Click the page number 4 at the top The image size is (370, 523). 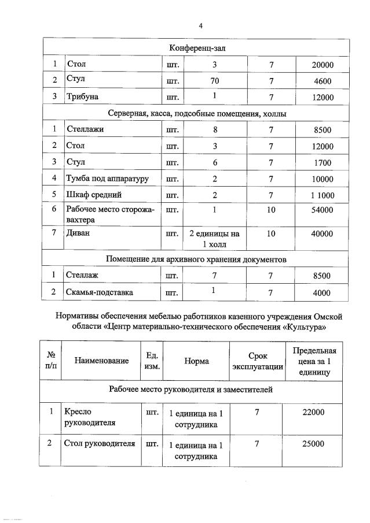(200, 25)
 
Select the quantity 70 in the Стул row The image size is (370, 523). (215, 81)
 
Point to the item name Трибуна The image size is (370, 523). (85, 97)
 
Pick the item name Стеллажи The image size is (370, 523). (86, 129)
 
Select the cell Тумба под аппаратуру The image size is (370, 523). (108, 179)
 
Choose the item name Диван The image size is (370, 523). (80, 233)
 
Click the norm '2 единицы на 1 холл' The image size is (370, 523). (215, 239)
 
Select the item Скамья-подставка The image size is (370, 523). (100, 292)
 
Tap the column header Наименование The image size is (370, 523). (101, 361)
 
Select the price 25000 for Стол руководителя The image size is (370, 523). (313, 444)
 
